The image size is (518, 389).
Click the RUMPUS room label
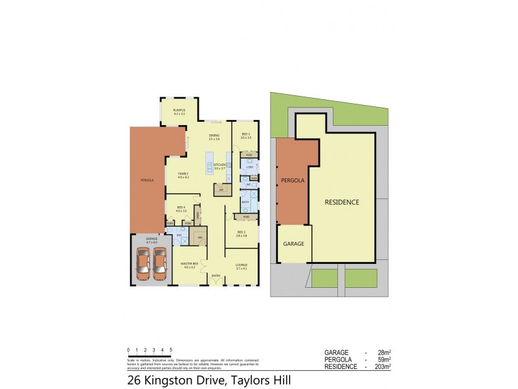179,110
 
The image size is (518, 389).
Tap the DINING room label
214,136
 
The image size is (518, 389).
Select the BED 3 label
245,135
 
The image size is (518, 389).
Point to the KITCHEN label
220,165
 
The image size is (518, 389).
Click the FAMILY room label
183,174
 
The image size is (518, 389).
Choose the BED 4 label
181,208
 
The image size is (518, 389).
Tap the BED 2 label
241,232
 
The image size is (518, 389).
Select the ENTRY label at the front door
216,276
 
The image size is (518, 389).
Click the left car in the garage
142,263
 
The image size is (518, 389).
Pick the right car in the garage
160,263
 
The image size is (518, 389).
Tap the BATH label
245,202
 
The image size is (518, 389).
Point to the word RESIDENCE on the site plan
342,202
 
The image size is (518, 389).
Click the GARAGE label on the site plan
294,244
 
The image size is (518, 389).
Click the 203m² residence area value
383,367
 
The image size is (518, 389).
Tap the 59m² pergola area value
385,360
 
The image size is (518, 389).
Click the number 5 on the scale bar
170,349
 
